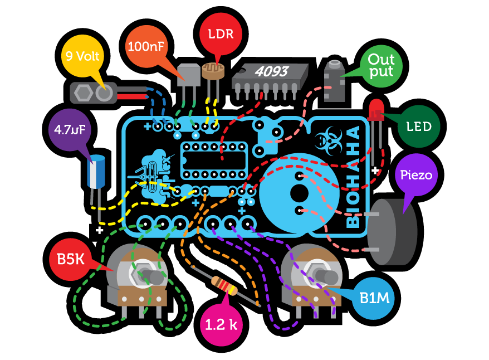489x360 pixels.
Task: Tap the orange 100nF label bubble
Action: (x=146, y=47)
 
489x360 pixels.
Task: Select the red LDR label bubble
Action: (x=221, y=35)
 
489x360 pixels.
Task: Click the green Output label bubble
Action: (x=381, y=65)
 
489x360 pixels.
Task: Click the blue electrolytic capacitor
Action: (x=98, y=173)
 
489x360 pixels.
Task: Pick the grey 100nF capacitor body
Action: (x=187, y=75)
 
